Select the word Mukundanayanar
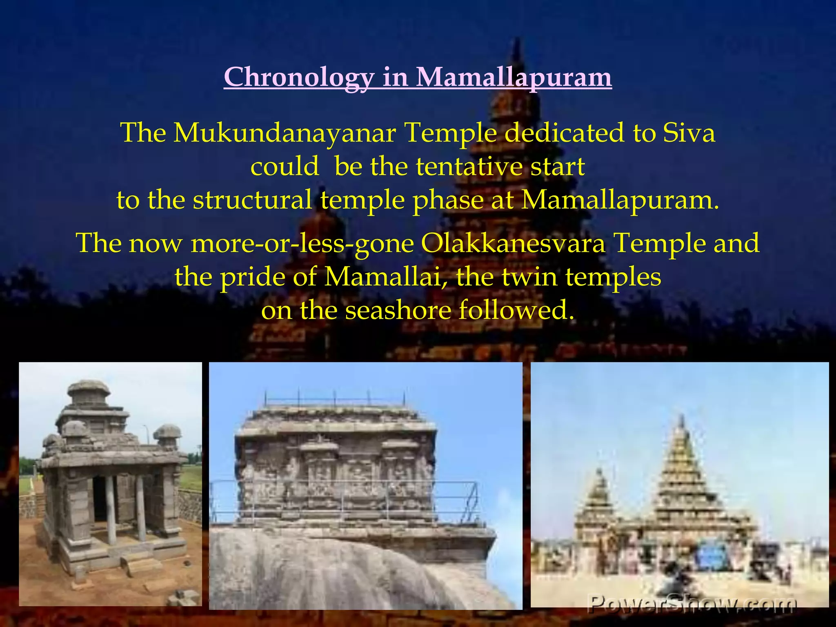(x=285, y=133)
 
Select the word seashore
(x=398, y=310)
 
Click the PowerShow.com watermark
(x=691, y=603)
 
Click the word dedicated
(x=565, y=133)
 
